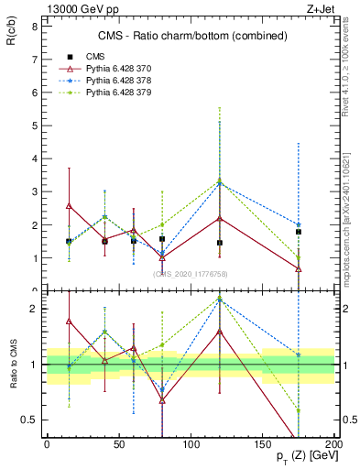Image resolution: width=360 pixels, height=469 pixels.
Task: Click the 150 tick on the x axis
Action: point(263,444)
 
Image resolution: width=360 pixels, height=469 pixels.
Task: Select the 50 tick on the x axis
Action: point(119,444)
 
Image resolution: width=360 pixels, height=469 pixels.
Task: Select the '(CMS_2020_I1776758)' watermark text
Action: point(190,273)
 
